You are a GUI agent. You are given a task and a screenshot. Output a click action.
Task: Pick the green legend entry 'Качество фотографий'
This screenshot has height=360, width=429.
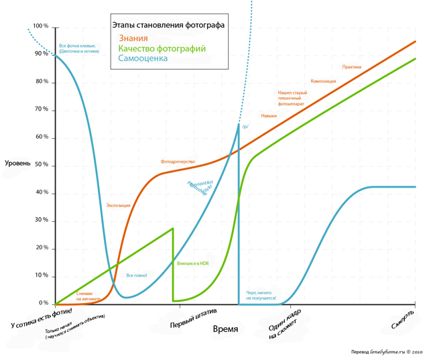click(x=162, y=48)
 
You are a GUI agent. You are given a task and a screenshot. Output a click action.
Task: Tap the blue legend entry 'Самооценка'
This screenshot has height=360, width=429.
click(x=143, y=58)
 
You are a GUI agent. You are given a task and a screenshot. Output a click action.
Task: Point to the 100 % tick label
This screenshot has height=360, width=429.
click(x=41, y=26)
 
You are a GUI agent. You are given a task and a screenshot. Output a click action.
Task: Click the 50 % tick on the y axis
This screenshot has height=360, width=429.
click(x=42, y=165)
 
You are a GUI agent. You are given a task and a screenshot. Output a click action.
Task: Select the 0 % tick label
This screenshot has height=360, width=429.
click(x=44, y=304)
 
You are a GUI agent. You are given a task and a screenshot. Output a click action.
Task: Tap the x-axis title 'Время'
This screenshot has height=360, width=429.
click(x=225, y=329)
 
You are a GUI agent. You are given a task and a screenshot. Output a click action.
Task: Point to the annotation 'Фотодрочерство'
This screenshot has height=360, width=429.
click(x=178, y=162)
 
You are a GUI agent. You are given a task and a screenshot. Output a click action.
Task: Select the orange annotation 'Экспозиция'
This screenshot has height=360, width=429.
click(x=118, y=205)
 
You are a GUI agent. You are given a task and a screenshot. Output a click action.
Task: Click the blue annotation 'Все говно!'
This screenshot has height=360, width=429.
click(x=136, y=276)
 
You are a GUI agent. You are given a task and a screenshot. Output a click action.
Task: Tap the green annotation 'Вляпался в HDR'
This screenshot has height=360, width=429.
click(x=192, y=264)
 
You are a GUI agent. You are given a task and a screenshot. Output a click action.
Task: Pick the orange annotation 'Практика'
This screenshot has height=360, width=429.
click(x=352, y=67)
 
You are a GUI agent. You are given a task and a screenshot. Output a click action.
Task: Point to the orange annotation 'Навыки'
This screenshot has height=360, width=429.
click(x=269, y=116)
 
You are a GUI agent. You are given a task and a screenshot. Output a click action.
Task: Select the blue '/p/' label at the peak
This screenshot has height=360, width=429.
click(x=245, y=126)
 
